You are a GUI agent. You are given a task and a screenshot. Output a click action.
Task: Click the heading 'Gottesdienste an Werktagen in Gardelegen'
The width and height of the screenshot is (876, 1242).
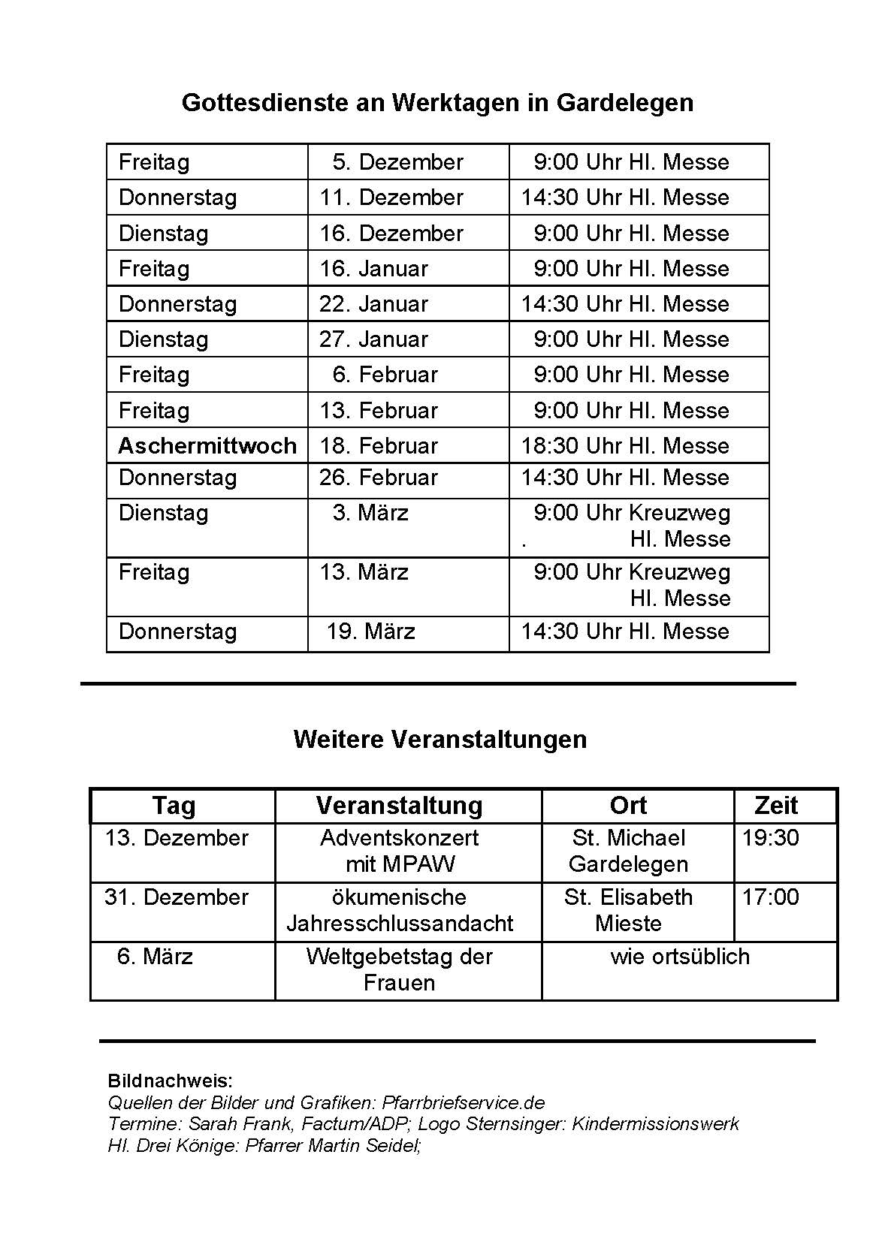(437, 102)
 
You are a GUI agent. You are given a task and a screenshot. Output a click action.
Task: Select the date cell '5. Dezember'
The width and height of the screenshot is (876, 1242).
(397, 162)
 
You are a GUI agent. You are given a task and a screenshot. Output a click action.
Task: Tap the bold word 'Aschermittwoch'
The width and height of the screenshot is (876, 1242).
(207, 446)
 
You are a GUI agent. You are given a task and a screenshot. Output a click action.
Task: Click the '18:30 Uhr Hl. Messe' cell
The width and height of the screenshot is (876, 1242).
(625, 446)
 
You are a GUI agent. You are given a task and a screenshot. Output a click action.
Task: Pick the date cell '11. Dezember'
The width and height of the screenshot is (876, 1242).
(391, 197)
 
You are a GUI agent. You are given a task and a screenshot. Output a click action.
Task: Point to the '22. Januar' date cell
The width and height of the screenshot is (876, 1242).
(373, 304)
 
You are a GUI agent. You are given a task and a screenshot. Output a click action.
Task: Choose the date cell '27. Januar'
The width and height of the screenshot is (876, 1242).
(373, 339)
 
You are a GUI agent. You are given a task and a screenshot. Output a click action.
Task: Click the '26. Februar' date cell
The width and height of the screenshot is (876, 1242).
(379, 478)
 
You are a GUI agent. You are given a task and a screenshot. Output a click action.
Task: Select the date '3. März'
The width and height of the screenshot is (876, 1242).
(370, 513)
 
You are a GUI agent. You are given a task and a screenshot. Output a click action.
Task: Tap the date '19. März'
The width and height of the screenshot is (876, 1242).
(370, 632)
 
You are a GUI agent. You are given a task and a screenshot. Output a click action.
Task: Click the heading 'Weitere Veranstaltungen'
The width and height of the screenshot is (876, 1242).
(440, 740)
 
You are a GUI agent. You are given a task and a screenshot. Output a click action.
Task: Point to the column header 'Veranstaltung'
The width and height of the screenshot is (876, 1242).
(399, 806)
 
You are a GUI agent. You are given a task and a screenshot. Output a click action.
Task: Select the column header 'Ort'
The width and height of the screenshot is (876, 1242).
(628, 806)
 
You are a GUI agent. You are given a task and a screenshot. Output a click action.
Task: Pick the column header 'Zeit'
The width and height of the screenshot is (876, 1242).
(775, 806)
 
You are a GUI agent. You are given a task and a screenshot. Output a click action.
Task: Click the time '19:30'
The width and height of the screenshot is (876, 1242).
(770, 838)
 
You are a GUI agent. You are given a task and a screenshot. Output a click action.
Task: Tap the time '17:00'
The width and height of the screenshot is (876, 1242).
(770, 897)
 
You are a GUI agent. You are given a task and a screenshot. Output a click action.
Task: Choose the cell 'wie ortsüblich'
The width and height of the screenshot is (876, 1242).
(680, 957)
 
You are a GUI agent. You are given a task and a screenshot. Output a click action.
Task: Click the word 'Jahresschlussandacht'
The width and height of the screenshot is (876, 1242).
(400, 924)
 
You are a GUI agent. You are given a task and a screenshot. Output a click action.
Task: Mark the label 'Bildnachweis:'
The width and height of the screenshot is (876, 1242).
(171, 1081)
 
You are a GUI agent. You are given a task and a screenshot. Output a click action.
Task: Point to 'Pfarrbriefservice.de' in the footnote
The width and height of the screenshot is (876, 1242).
(463, 1103)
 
